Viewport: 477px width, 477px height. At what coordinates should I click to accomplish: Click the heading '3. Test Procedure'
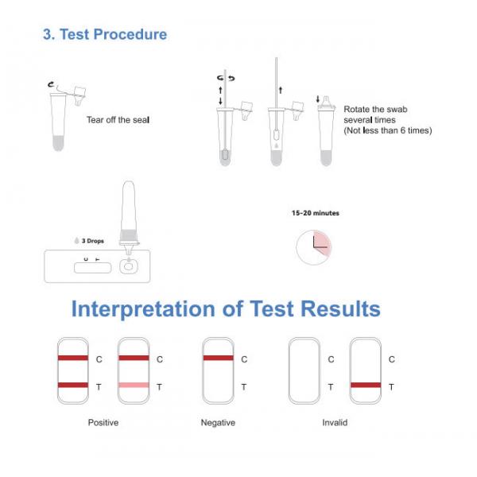(x=104, y=34)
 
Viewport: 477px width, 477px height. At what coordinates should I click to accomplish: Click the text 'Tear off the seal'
(x=118, y=120)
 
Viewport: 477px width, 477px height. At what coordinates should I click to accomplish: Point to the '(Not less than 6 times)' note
(x=387, y=130)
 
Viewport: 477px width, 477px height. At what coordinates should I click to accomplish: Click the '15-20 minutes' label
(x=316, y=213)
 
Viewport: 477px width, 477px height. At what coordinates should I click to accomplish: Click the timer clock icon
(x=314, y=248)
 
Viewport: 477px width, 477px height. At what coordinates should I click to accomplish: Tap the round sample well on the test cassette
(x=127, y=267)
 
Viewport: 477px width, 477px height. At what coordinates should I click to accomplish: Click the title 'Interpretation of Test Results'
(x=226, y=308)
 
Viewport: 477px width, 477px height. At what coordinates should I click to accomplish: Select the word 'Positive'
(x=103, y=423)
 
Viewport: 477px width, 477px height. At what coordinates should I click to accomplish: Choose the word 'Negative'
(x=218, y=423)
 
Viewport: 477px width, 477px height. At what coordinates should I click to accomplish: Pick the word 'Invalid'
(x=335, y=423)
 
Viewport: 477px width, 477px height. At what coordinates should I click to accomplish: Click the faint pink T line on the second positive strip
(x=134, y=386)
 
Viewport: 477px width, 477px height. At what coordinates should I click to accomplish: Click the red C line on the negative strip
(x=218, y=359)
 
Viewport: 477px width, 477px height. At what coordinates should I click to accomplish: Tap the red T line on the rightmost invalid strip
(x=366, y=386)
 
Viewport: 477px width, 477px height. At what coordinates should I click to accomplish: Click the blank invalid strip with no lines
(x=304, y=370)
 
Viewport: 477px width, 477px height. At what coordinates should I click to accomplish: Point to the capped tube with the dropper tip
(x=326, y=131)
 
